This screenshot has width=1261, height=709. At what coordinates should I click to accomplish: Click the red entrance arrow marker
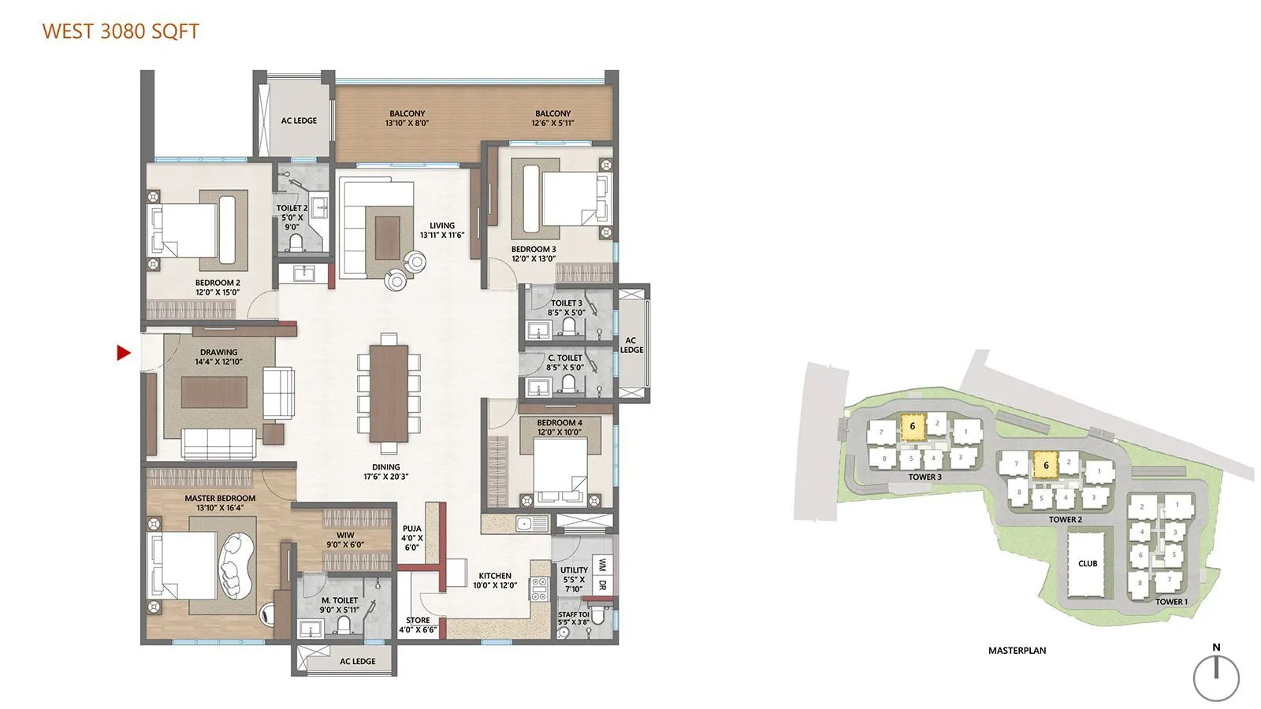tap(123, 353)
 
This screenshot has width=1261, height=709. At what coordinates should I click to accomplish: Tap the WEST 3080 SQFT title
tap(121, 32)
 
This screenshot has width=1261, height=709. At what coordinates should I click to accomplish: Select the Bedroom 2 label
tap(218, 287)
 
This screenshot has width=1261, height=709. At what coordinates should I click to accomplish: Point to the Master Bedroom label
tap(220, 503)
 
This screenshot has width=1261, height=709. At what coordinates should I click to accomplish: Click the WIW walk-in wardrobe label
tap(344, 540)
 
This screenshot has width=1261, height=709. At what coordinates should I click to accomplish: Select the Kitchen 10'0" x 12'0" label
tap(495, 580)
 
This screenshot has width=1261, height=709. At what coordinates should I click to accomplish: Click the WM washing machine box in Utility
tap(602, 566)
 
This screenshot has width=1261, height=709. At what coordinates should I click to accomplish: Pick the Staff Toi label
tap(573, 618)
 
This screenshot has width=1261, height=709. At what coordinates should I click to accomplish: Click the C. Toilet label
tap(565, 362)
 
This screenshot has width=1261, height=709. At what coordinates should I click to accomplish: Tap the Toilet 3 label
tap(566, 307)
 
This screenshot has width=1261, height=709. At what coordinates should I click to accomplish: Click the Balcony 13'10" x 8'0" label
tap(407, 118)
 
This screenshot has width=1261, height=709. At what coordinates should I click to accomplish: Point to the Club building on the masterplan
tap(1088, 562)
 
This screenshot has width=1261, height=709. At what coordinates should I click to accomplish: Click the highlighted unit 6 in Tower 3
tap(912, 426)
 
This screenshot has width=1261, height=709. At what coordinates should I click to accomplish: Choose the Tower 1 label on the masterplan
tap(1171, 602)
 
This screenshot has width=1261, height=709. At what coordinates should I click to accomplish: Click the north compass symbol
tap(1216, 676)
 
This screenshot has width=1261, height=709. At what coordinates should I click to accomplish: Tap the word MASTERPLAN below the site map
tap(1017, 651)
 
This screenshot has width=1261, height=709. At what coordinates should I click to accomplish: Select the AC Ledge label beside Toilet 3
tap(631, 345)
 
